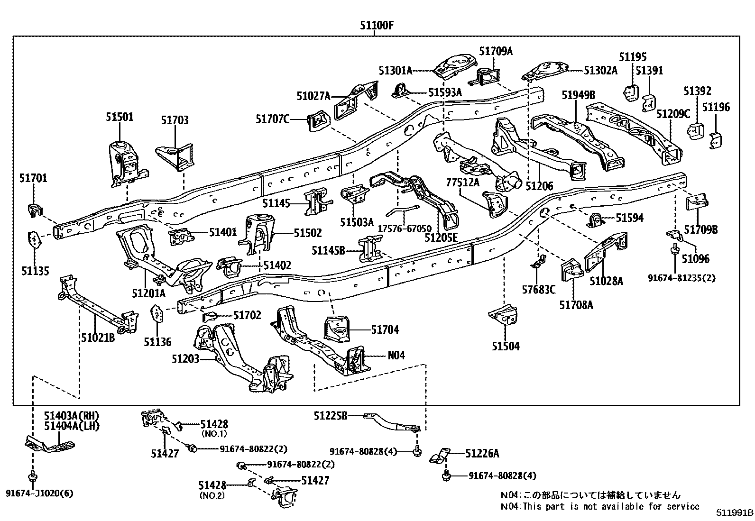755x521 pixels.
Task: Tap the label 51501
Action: [120, 117]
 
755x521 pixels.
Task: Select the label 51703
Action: [175, 120]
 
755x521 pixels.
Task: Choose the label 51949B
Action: [579, 95]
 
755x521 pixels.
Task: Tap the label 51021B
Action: [98, 338]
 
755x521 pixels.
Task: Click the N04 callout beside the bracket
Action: [396, 355]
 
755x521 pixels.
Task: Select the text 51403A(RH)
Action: [72, 416]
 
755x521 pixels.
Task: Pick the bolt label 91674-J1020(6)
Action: [40, 494]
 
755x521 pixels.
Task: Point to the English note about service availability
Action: [600, 506]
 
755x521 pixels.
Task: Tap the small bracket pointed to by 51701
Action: [35, 209]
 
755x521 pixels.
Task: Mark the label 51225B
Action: [331, 416]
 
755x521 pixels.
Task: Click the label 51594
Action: [629, 218]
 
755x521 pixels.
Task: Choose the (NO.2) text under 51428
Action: [212, 495]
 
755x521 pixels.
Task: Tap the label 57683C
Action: [538, 289]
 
